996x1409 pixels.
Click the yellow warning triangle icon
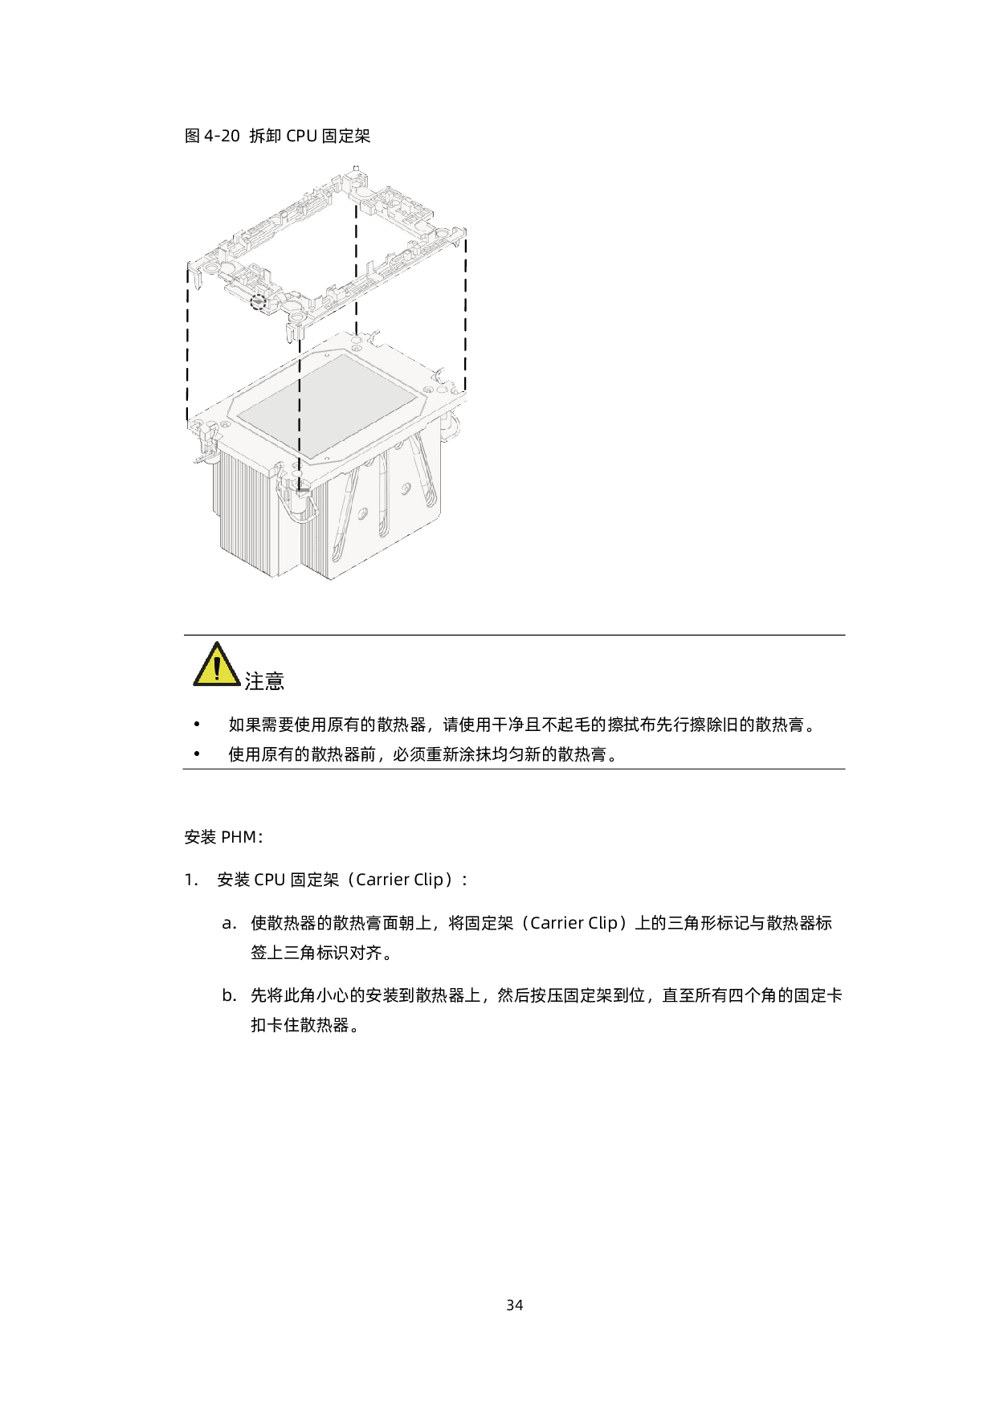tap(216, 666)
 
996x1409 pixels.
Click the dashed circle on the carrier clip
tap(258, 302)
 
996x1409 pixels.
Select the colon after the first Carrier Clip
tap(464, 880)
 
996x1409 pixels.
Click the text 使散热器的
tap(292, 923)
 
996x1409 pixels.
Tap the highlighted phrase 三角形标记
tap(708, 923)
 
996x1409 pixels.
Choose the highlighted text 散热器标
tap(798, 923)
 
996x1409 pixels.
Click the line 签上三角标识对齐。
tap(324, 953)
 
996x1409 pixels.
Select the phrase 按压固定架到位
tap(587, 996)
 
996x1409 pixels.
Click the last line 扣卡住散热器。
tap(308, 1026)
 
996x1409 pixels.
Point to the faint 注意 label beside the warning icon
tap(264, 681)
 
